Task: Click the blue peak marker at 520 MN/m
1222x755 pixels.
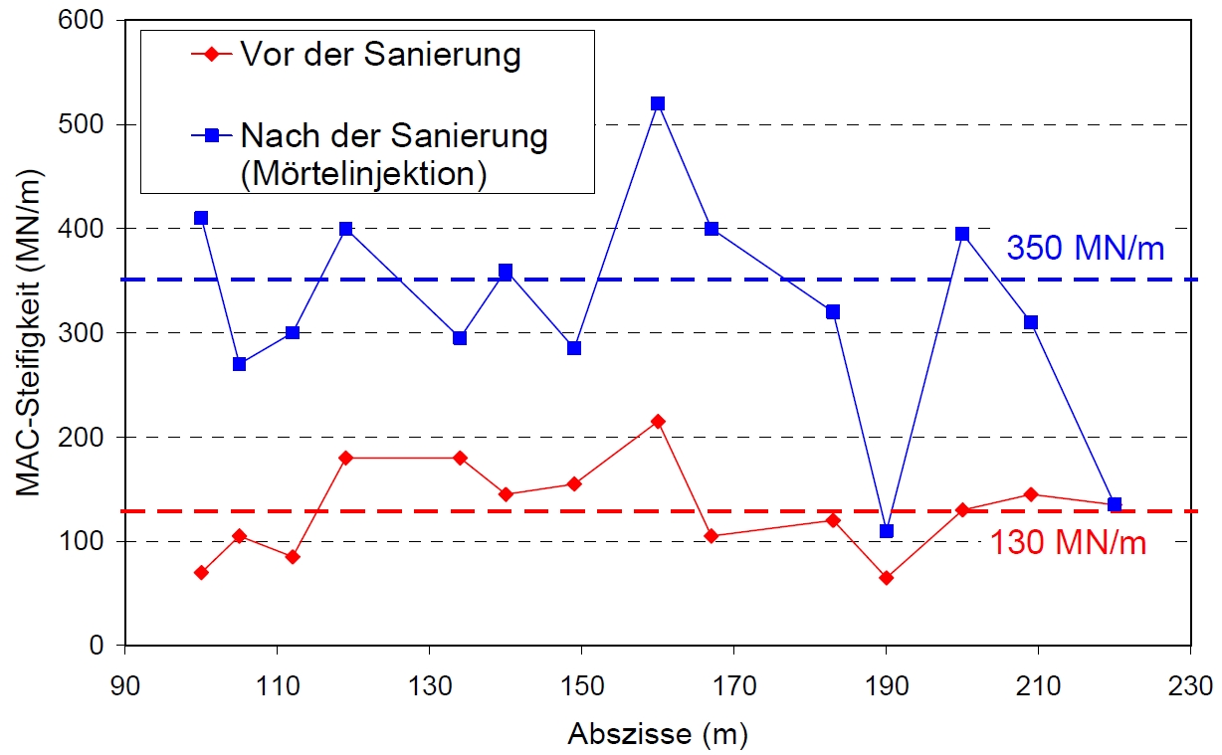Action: coord(657,103)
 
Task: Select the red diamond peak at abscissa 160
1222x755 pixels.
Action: coord(657,422)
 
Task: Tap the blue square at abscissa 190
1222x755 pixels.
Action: coord(886,531)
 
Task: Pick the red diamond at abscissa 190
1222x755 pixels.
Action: coord(886,578)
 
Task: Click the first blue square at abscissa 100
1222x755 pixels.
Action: coord(201,218)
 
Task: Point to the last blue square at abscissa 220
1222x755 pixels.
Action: coord(1115,504)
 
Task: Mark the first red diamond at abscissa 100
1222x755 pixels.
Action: coord(201,573)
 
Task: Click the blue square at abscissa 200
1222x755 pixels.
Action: coord(962,234)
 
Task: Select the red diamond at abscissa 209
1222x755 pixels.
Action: coord(1031,494)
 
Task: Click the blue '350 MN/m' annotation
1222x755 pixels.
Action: coord(1085,249)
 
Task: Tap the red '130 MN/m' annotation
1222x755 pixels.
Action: coord(1068,544)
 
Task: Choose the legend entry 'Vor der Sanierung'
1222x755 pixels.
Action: coord(379,55)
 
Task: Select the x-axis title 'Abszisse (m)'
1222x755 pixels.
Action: coord(658,735)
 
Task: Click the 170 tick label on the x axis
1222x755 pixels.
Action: coord(733,686)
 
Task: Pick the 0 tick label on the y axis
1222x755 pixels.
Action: coord(97,646)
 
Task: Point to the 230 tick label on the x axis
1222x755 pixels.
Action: coord(1191,686)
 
